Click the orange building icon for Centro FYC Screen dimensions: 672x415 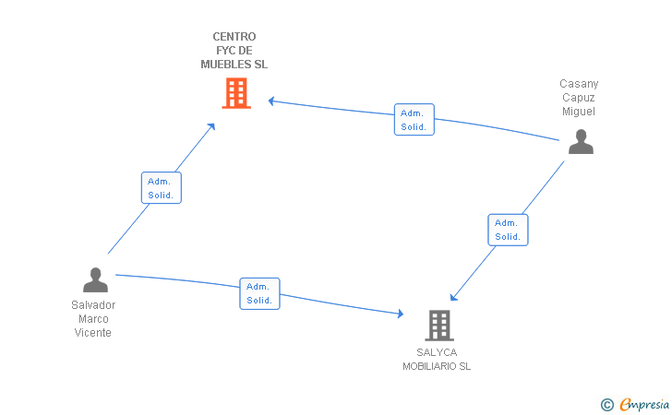236,93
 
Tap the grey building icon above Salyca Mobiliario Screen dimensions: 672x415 439,325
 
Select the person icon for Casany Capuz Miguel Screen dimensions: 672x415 581,141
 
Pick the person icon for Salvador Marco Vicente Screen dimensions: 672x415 95,279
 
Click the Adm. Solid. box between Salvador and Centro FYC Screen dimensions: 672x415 162,187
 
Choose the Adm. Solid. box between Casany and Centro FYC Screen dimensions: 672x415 414,120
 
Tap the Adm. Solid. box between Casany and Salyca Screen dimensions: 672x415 508,230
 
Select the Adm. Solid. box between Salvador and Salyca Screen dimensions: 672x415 259,293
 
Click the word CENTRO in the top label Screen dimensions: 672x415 234,37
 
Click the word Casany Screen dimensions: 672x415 579,84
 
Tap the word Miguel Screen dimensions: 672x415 579,112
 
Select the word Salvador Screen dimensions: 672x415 93,305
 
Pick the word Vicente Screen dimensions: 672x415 93,333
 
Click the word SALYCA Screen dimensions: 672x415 437,352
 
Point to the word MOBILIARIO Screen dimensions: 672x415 430,367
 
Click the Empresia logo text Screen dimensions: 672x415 644,404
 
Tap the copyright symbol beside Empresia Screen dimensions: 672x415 607,405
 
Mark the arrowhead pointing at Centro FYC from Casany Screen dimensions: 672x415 271,101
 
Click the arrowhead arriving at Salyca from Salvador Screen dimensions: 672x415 401,314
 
